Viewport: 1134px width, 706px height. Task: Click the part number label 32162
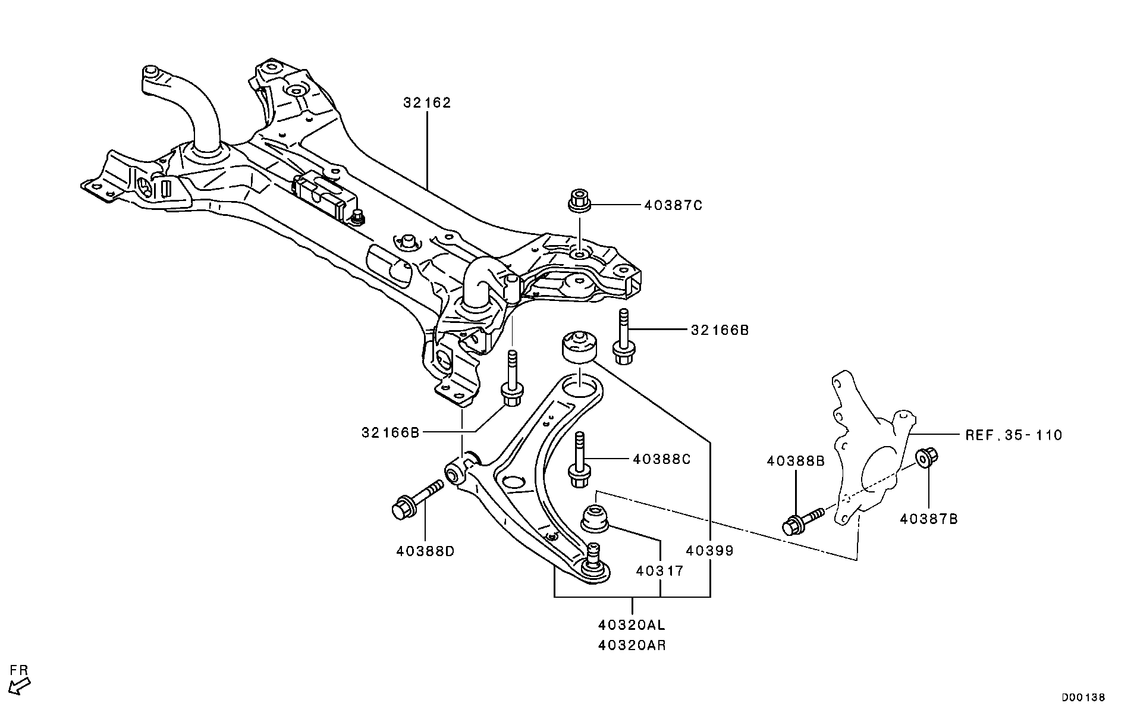click(427, 103)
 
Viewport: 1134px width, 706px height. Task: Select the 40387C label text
click(673, 206)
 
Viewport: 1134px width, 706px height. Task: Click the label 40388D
click(425, 551)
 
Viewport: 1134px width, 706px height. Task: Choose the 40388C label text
click(662, 459)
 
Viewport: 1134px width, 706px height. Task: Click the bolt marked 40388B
click(802, 521)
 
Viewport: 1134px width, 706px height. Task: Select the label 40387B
click(929, 519)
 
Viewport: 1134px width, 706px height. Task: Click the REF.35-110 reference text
click(1013, 435)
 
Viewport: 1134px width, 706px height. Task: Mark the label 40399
click(709, 551)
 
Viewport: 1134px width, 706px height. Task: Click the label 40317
click(659, 571)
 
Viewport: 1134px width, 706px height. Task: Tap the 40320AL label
click(632, 625)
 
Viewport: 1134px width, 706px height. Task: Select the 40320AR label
click(632, 645)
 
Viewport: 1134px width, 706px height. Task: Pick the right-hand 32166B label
click(720, 330)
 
